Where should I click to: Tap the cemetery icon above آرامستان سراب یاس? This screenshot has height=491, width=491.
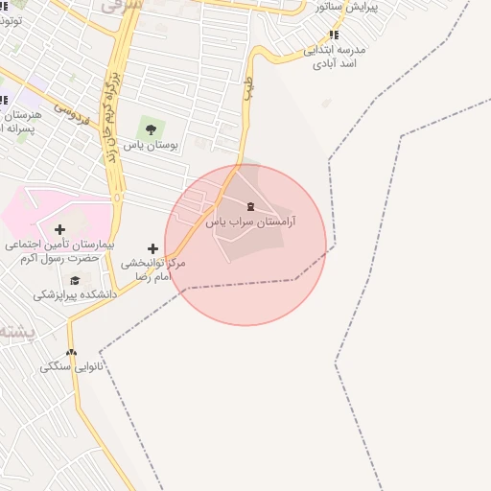coord(251,206)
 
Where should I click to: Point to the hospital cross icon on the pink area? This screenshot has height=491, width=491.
coord(59,229)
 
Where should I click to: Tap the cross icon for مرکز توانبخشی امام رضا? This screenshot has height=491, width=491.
coord(152,248)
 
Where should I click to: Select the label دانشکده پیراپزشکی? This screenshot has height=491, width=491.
coord(75,294)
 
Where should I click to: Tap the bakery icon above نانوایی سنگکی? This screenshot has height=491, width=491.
coord(71,352)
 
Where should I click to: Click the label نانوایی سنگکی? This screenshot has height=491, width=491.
coord(72,367)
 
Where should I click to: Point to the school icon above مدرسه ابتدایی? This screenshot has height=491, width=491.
coord(334,35)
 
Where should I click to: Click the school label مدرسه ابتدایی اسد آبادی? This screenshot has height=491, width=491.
coord(335,57)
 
